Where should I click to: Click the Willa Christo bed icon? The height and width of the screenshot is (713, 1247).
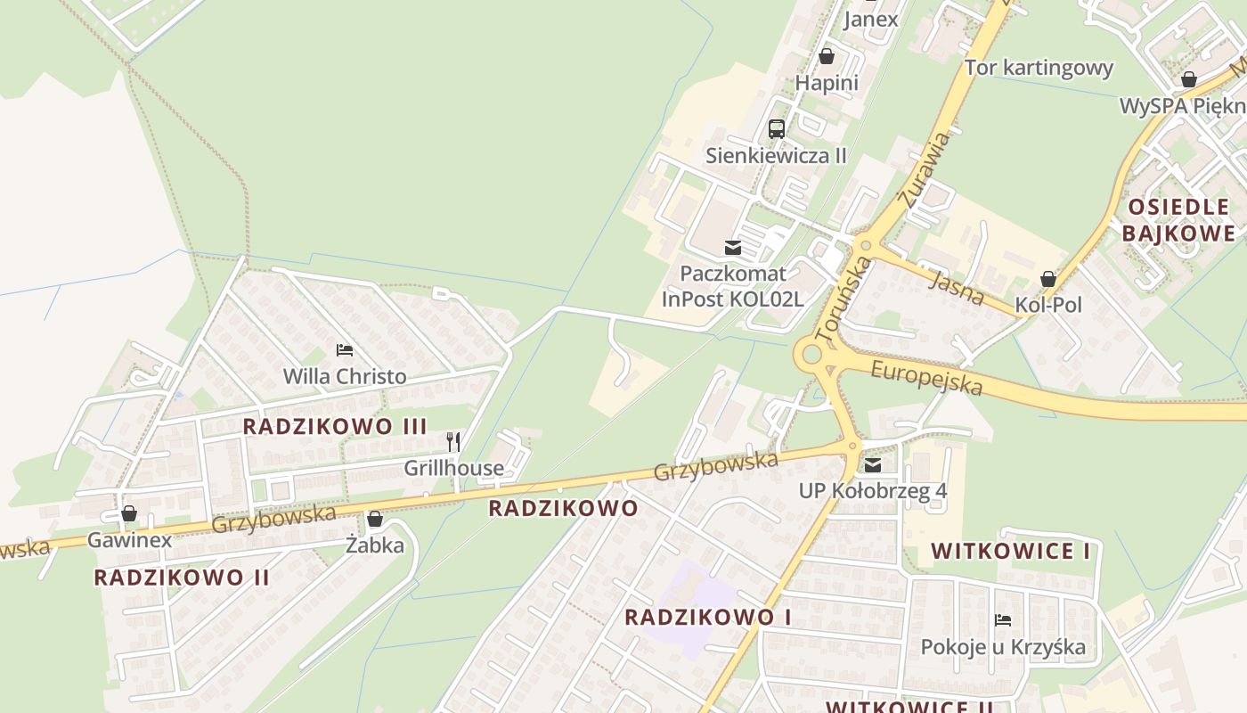point(345,350)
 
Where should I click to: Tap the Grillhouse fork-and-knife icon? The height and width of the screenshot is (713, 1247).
point(453,441)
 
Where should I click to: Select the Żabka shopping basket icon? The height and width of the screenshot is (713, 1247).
point(375,519)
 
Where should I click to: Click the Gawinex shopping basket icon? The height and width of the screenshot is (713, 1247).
point(129,513)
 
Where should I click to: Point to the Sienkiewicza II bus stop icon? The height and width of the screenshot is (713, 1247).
point(777,128)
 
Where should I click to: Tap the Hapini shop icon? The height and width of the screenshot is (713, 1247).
point(827,56)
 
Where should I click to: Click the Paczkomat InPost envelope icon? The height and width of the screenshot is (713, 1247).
point(733,248)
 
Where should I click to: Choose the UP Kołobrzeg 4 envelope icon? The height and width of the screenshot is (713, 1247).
point(873,464)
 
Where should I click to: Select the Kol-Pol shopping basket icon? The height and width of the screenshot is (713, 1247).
point(1048,279)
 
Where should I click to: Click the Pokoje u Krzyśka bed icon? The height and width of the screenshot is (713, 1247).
point(1003,620)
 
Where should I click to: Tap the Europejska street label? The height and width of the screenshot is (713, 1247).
point(926,377)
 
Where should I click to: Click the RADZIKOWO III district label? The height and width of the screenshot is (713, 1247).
point(335,426)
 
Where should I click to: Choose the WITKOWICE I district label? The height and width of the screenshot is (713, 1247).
point(1011,551)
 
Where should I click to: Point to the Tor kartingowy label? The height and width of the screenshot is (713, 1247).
point(1039,68)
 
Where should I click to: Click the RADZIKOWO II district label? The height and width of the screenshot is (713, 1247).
point(182,577)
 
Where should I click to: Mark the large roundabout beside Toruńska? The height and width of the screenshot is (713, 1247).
point(811,355)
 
